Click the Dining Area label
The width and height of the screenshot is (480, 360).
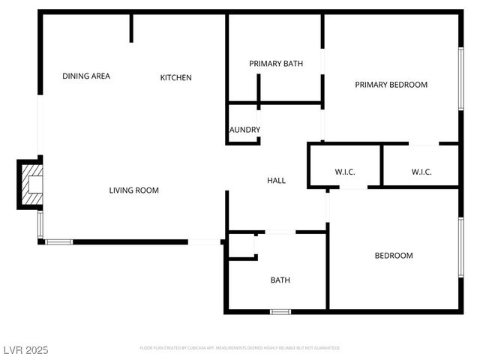[86, 76]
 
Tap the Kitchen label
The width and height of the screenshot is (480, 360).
[176, 77]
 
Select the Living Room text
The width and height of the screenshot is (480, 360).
[134, 190]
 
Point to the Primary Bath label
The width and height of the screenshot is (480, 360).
[276, 64]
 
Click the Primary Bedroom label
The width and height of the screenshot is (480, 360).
[391, 85]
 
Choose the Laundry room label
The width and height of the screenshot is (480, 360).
[244, 130]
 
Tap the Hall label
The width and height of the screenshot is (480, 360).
[277, 180]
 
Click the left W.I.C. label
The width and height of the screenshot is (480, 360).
[345, 172]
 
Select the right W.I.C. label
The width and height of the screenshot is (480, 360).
[421, 172]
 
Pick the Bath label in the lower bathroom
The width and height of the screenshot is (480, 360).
[280, 280]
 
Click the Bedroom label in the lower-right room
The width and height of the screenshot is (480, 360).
[394, 256]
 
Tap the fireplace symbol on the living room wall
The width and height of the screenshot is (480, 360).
[31, 184]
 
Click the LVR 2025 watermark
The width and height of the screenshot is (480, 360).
[25, 350]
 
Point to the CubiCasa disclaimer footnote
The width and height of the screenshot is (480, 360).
[240, 348]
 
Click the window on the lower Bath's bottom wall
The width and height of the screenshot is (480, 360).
[280, 310]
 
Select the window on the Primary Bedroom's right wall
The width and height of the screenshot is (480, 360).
[460, 79]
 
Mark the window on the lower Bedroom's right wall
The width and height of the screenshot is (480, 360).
[460, 247]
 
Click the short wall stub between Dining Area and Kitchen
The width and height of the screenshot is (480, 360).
[131, 28]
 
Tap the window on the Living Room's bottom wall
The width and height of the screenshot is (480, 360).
[59, 241]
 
